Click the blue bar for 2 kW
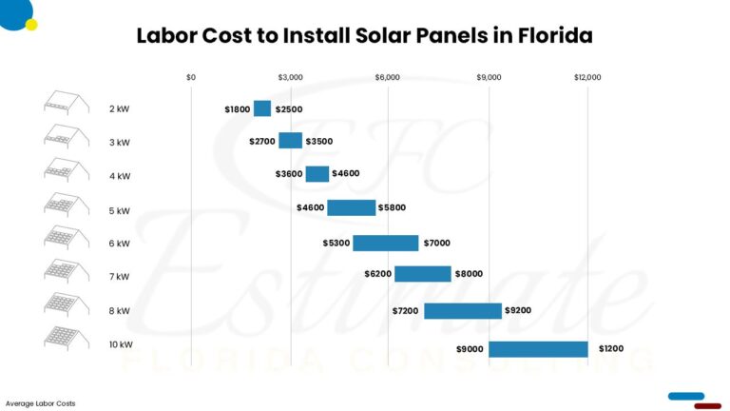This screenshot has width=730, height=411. coord(262,108)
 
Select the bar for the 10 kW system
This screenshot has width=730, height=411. coord(538,349)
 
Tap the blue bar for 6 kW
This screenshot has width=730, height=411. coord(385,243)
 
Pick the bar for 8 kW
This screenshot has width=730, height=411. coord(462,310)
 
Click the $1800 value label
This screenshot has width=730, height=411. coord(238,109)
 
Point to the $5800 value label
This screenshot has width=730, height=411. coord(394,207)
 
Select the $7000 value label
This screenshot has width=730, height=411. coord(438,243)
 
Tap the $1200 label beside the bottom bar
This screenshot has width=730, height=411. coord(611,349)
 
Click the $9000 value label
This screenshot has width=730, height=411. coord(470,349)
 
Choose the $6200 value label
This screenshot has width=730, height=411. coord(377,274)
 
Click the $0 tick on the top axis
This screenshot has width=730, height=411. coord(191,77)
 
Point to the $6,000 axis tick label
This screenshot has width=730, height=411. coord(388,77)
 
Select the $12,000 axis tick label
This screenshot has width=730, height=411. coord(586,77)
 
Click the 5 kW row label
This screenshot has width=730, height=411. coord(119,210)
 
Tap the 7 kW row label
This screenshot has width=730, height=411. coord(119,277)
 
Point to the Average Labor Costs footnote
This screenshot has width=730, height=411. coord(40,403)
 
